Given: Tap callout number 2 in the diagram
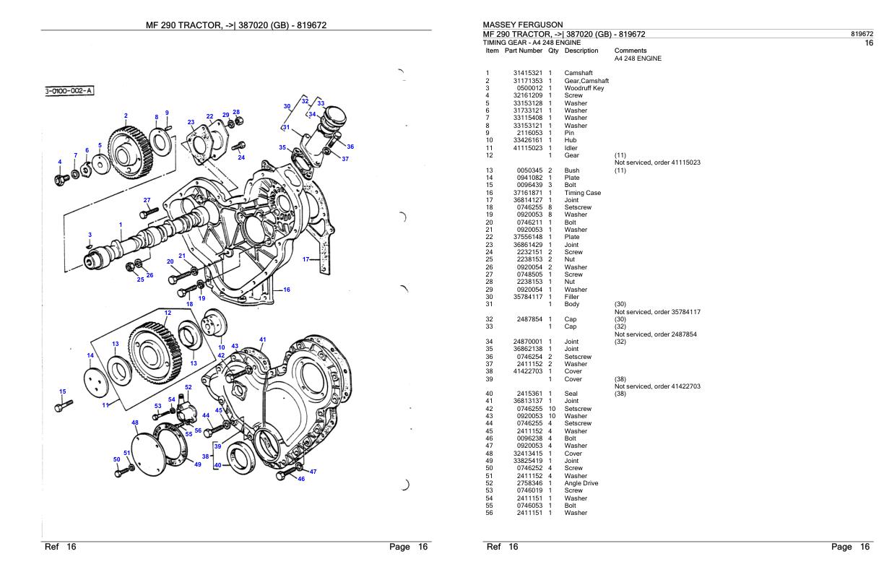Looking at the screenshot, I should [126, 116].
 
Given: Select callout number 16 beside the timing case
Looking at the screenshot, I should [286, 290].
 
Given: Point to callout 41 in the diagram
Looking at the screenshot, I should [262, 339].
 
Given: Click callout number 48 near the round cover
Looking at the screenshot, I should [135, 422].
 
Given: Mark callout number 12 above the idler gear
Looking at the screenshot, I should [168, 313].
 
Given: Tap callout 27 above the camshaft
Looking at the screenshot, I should [147, 200].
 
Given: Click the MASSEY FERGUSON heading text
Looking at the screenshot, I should [522, 25].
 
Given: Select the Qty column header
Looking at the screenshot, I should [553, 51].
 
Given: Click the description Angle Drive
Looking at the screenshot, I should [581, 483].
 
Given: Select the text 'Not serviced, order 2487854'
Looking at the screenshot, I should [656, 334].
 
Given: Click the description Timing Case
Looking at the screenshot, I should [583, 193].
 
